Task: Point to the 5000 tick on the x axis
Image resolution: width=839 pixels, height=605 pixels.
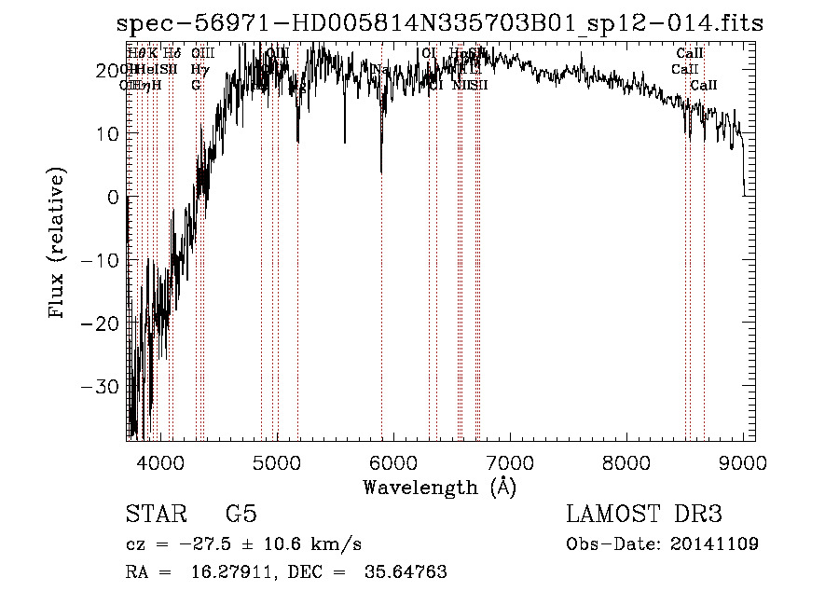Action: pyautogui.click(x=277, y=460)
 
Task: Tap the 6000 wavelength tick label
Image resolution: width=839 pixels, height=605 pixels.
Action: pyautogui.click(x=393, y=460)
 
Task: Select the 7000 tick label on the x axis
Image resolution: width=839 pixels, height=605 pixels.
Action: pyautogui.click(x=510, y=460)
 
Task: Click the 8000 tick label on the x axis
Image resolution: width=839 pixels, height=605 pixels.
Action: pyautogui.click(x=626, y=460)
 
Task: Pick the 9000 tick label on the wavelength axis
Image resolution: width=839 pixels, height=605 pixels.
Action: pyautogui.click(x=743, y=460)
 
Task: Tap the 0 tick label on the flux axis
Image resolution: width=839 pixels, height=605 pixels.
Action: pyautogui.click(x=112, y=197)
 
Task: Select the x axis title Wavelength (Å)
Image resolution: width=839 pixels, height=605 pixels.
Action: pyautogui.click(x=439, y=487)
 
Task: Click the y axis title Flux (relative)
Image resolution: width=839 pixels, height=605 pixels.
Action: pyautogui.click(x=59, y=244)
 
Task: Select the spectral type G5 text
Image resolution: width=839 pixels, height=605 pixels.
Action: pyautogui.click(x=241, y=515)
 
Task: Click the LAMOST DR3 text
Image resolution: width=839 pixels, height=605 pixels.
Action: pyautogui.click(x=644, y=515)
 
